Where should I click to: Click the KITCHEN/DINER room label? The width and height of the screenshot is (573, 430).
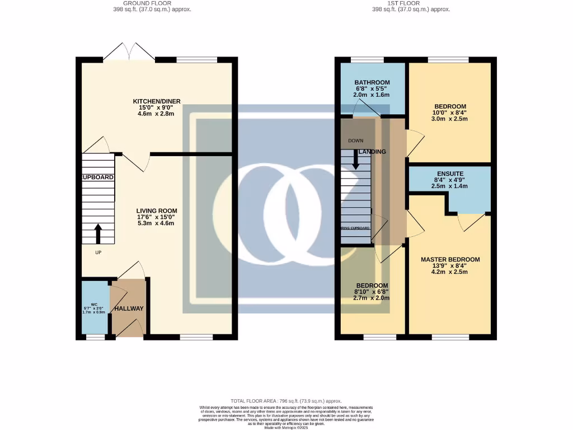pyautogui.click(x=156, y=101)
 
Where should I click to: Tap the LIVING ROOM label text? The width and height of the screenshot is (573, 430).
pyautogui.click(x=156, y=211)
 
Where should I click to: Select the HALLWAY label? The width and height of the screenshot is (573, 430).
pyautogui.click(x=129, y=309)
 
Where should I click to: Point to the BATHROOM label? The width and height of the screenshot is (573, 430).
pyautogui.click(x=372, y=82)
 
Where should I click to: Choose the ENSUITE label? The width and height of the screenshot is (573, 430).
pyautogui.click(x=450, y=174)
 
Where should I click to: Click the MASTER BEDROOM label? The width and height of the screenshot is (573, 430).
pyautogui.click(x=450, y=259)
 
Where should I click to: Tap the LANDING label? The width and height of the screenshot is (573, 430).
pyautogui.click(x=373, y=152)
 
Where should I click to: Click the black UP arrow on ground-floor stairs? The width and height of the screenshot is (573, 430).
pyautogui.click(x=98, y=234)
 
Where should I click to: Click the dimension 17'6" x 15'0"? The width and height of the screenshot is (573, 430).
pyautogui.click(x=156, y=217)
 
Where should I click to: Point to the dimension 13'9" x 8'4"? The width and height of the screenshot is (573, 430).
pyautogui.click(x=450, y=266)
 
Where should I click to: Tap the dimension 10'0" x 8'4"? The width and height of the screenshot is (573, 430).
pyautogui.click(x=450, y=113)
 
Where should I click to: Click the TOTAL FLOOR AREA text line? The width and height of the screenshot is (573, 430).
pyautogui.click(x=286, y=401)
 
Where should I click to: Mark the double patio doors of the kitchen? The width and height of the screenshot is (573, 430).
pyautogui.click(x=129, y=52)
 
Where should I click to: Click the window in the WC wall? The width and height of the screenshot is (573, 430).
pyautogui.click(x=95, y=337)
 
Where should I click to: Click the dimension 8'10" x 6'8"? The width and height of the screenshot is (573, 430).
pyautogui.click(x=372, y=292)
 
